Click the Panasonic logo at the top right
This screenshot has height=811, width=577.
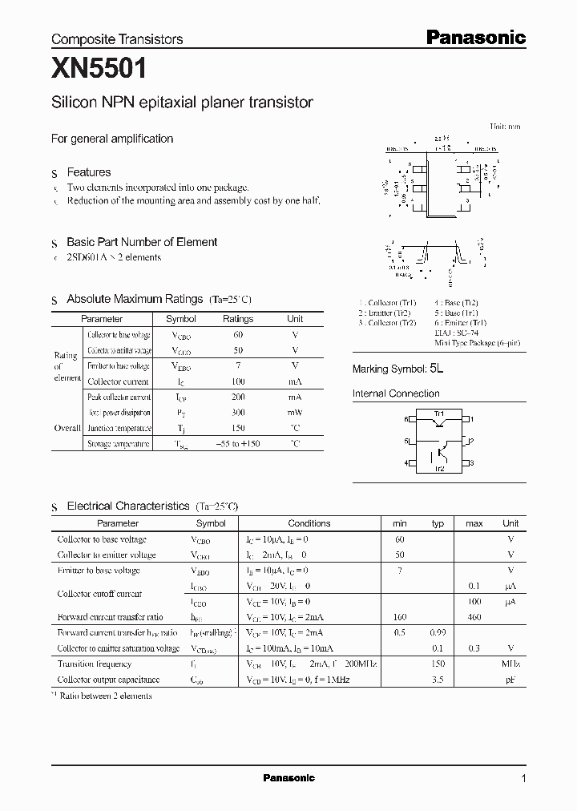(475, 37)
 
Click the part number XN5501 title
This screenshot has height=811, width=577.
(99, 70)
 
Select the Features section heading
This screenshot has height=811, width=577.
(88, 172)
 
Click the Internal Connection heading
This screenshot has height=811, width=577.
(396, 393)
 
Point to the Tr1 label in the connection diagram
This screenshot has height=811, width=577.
(438, 414)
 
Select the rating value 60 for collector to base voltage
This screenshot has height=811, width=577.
(238, 335)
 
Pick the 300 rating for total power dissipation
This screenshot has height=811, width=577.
(238, 413)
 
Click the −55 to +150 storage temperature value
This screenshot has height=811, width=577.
(238, 444)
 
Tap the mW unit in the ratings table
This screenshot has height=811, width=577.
(295, 413)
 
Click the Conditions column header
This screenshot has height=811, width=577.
(309, 523)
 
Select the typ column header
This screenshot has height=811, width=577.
(438, 523)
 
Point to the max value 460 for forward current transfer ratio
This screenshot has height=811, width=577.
(474, 617)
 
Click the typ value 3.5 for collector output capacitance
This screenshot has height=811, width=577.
(438, 680)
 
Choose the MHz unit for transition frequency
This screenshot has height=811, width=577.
(510, 664)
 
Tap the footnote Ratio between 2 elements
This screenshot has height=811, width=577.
(104, 696)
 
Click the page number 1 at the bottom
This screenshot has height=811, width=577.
(523, 779)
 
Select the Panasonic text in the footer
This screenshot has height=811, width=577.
(288, 778)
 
